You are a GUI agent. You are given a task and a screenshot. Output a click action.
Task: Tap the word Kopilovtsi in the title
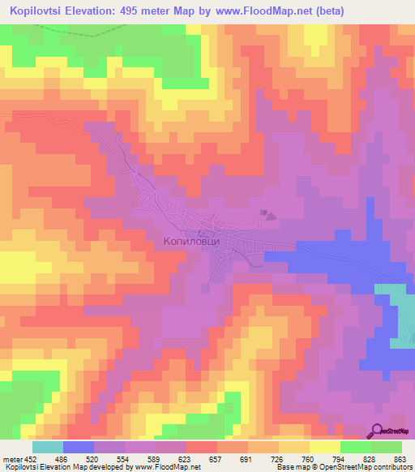38,11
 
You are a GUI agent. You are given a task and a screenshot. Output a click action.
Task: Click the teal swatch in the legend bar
47,447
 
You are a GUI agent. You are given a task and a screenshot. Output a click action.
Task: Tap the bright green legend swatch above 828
355,447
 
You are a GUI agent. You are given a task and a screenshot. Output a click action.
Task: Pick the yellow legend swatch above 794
324,447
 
